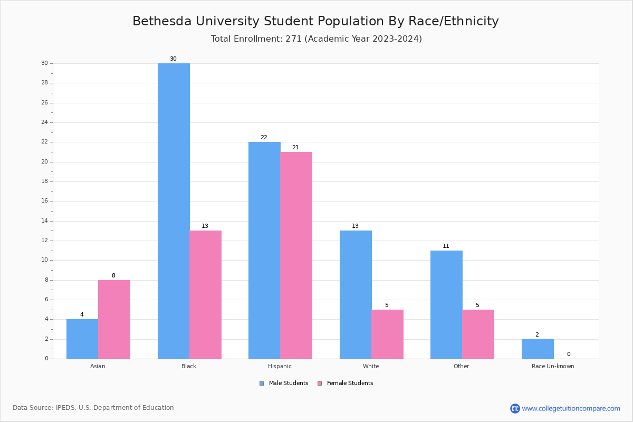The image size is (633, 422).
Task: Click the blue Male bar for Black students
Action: [174, 211]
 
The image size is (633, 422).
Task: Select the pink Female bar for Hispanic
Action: [296, 255]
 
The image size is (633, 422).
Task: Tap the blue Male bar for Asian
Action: [82, 339]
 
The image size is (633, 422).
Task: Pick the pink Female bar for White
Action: [387, 334]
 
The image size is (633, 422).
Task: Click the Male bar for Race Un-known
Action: [538, 349]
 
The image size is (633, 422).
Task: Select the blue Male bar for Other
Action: [446, 304]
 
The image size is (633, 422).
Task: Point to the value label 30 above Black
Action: [173, 59]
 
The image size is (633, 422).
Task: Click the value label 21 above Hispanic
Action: [295, 148]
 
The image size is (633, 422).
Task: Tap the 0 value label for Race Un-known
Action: [568, 354]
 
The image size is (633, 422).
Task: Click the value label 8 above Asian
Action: [113, 276]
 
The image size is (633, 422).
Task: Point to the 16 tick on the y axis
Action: [44, 201]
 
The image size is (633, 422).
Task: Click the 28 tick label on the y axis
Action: [44, 83]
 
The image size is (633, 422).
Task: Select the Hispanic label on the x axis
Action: [280, 366]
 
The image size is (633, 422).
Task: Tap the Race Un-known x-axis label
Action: [553, 366]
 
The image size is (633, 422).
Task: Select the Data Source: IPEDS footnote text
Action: [93, 408]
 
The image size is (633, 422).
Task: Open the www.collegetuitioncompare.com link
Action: [570, 408]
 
